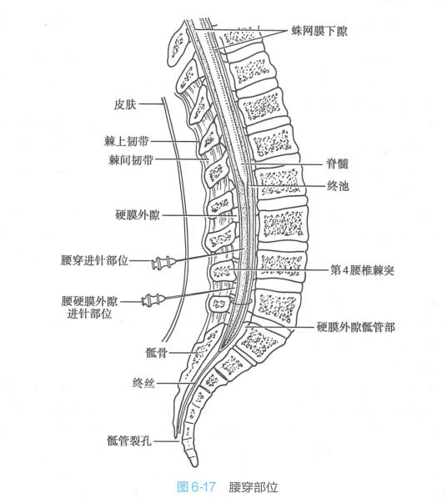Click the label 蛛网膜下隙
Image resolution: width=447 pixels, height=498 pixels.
319,31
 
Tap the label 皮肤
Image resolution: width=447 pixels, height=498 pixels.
125,104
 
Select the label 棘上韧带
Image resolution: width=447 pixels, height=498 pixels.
127,141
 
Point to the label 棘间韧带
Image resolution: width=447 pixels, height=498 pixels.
131,160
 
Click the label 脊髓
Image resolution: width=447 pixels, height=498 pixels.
338,163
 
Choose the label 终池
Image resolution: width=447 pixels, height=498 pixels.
338,186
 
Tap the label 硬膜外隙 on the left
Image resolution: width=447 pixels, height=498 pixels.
137,215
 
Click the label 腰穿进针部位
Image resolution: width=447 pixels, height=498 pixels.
94,260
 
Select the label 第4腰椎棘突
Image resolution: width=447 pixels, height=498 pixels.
362,270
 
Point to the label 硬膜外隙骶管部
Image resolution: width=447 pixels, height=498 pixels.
355,327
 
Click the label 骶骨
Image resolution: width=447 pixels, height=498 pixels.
156,352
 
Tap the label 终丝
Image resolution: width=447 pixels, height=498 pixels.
143,384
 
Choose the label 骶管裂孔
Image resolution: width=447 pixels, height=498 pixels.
129,440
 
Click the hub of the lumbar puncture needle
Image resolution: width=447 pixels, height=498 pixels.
163,263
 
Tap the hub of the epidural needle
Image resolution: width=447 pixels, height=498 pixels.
153,299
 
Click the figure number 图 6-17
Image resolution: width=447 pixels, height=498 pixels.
196,487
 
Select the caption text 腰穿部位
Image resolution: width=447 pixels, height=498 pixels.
253,487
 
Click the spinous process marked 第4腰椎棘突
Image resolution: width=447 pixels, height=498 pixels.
222,271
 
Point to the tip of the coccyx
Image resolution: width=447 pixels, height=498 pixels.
194,465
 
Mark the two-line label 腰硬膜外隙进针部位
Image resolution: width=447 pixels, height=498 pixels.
89,308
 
